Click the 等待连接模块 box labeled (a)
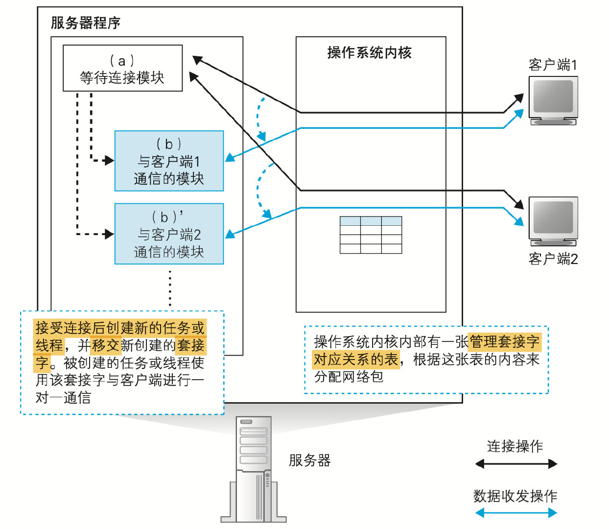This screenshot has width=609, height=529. coord(122,69)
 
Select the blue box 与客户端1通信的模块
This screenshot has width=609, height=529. coord(169,161)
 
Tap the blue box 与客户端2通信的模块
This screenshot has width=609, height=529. coord(169,234)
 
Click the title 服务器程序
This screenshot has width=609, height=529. coord(86,23)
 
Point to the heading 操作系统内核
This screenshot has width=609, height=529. coord(370,52)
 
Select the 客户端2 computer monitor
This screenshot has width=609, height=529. coord(553,220)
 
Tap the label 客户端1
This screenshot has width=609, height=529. coord(553,65)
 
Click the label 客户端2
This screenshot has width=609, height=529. coord(553,259)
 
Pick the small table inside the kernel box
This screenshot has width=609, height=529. coord(371,235)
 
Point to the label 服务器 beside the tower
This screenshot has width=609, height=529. coord(309,460)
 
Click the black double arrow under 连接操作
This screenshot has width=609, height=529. coord(516,463)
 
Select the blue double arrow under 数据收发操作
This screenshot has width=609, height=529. coord(516,513)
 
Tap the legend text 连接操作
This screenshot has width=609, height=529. coord(515,446)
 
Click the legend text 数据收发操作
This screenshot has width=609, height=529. coord(515,496)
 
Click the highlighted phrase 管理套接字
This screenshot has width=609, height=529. coord(504,341)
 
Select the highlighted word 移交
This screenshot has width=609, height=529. coord(106,345)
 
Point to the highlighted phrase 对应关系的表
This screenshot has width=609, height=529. coord(356,360)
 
